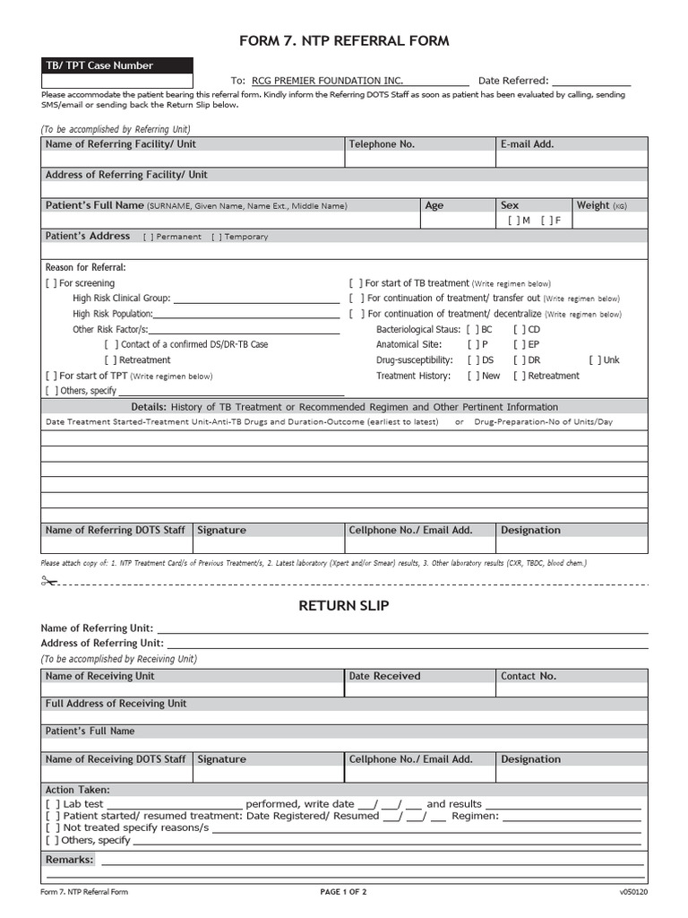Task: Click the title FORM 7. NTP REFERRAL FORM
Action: [x=344, y=41]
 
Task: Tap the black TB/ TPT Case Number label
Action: [x=99, y=65]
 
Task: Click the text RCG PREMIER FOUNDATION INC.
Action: [x=328, y=81]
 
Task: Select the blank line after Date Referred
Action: [x=591, y=81]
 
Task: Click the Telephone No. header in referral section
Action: [x=382, y=144]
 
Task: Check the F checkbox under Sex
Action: [x=546, y=221]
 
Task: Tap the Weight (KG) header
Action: [x=601, y=205]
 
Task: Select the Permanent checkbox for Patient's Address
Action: [x=149, y=237]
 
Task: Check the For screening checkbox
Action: [x=51, y=283]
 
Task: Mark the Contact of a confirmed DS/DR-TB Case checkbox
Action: [x=111, y=344]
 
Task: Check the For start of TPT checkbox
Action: [x=51, y=377]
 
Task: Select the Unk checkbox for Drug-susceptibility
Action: [x=595, y=360]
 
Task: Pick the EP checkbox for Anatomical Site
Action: [x=519, y=344]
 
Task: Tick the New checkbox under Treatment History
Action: [x=473, y=377]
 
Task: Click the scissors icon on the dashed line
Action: [x=48, y=582]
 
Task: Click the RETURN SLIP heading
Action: [x=344, y=606]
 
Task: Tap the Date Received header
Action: [x=384, y=676]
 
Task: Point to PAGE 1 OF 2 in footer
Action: [x=344, y=892]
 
